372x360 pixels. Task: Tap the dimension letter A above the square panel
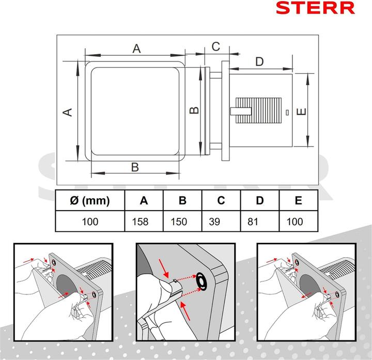point(136,48)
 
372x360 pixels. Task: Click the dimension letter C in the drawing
point(215,46)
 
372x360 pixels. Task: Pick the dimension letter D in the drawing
point(259,61)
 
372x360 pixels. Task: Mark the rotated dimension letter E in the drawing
point(302,111)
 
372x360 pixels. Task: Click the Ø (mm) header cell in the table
point(90,201)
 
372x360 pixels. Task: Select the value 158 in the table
point(140,222)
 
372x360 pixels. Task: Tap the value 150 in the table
point(179,222)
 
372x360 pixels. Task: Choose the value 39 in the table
point(214,222)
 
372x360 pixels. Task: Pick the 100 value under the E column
point(295,222)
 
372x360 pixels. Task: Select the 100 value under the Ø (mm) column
point(90,222)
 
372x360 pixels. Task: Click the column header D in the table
point(260,201)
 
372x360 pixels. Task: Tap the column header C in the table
point(221,201)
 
